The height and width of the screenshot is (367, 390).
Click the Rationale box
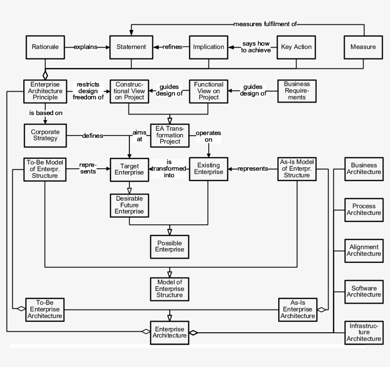tap(45, 47)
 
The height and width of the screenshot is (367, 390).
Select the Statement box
tap(129, 47)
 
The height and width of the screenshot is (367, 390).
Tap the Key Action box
tap(296, 47)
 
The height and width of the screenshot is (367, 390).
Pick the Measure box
tap(363, 47)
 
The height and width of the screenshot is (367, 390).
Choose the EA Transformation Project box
tap(169, 135)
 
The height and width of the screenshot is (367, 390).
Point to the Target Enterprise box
tap(129, 169)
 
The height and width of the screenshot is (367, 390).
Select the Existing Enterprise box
tap(208, 169)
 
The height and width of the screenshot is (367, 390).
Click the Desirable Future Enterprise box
tap(129, 204)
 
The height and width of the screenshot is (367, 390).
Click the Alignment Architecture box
tap(364, 250)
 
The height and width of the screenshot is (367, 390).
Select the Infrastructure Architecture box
tap(364, 332)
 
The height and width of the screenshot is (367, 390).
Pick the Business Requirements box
tap(296, 91)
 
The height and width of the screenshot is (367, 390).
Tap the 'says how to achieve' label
tap(256, 47)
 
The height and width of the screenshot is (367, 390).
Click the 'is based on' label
tap(46, 113)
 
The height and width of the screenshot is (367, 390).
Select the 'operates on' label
tap(208, 136)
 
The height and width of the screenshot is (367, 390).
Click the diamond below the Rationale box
tap(45, 75)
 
